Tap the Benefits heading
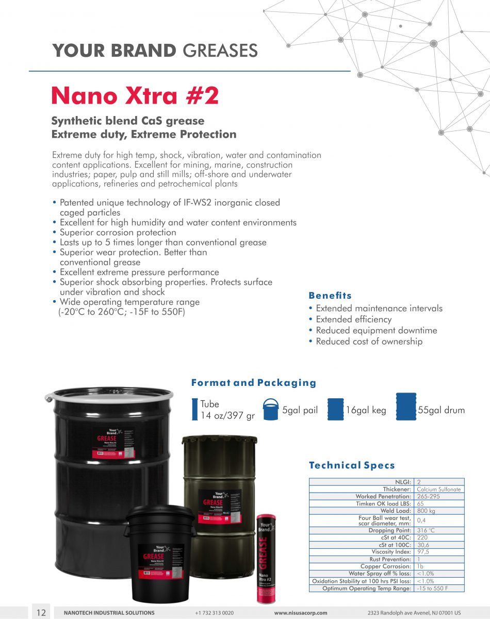330,296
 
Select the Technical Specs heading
352,465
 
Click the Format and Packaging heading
253,383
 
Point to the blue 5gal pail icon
270,410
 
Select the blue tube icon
194,410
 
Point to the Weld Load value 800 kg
426,511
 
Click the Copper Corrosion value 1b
420,566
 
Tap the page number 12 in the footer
41,612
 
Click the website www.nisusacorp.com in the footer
301,613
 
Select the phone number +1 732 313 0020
215,613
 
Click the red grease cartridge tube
266,557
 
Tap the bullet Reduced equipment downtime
376,330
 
